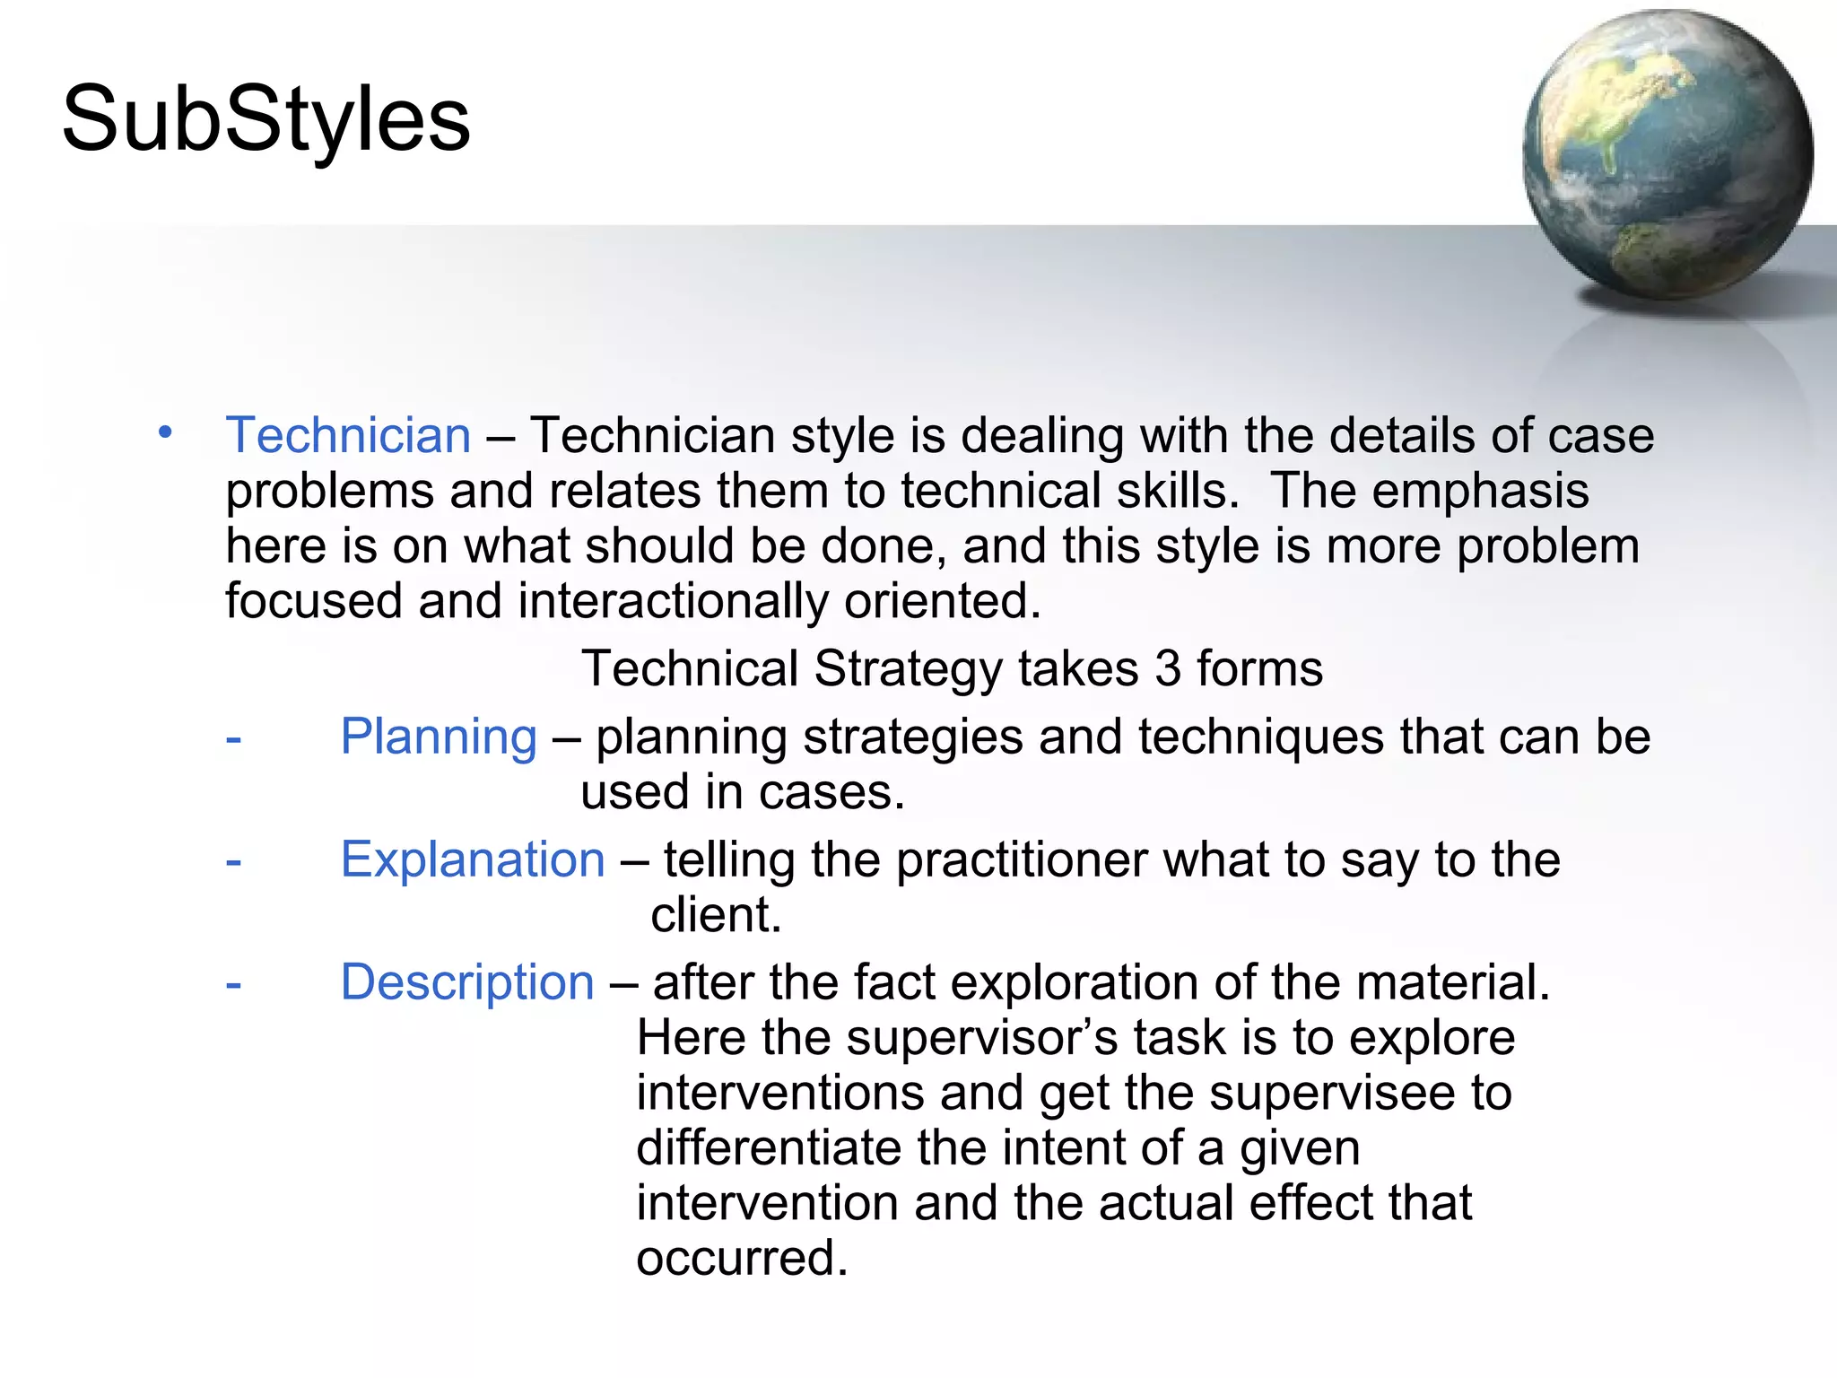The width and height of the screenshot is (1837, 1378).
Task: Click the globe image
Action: (1667, 155)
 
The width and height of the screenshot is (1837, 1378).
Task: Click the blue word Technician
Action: (348, 436)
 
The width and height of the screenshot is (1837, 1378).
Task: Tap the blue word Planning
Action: (439, 737)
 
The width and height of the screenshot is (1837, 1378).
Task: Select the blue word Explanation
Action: (473, 860)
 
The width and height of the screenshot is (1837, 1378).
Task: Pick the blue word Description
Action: (467, 982)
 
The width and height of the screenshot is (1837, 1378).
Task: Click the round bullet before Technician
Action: (165, 432)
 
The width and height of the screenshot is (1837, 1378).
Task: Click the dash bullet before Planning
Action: (233, 739)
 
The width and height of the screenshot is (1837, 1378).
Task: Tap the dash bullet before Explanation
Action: (233, 861)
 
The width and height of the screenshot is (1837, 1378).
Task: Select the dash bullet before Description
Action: (233, 984)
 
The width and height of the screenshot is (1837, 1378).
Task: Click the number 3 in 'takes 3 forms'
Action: (1168, 669)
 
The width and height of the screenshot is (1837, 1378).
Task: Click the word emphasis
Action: (1480, 492)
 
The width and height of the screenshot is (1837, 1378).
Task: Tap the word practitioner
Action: (1022, 860)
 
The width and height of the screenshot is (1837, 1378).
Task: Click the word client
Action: (715, 915)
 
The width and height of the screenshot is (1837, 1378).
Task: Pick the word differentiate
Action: (768, 1148)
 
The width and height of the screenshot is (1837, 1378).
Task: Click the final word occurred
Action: (741, 1258)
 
